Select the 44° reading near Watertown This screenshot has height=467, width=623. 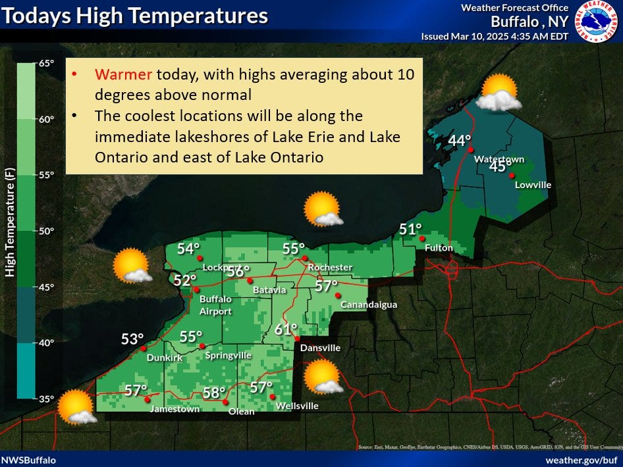coord(460,141)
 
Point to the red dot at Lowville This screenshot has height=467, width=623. coord(512,175)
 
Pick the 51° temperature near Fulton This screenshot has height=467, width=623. coord(410,230)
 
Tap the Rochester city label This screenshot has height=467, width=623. coord(330,267)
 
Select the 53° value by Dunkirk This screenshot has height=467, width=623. coord(132,339)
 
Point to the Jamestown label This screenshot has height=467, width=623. coord(175,409)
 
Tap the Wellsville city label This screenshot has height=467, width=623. coord(297,406)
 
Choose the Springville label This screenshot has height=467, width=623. coord(229,355)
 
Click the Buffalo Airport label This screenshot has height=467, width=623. coord(215,305)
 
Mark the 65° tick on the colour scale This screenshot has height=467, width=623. coord(46,63)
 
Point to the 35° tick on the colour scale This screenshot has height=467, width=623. coord(46,399)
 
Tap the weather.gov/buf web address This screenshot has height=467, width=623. coord(582,460)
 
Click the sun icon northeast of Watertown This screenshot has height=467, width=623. coord(499,93)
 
